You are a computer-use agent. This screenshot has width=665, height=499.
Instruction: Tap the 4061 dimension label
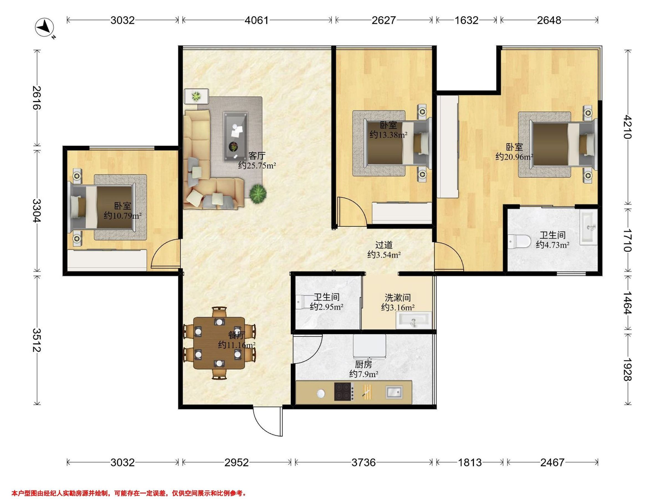(256, 20)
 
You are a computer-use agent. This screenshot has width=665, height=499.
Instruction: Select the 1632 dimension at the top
(466, 20)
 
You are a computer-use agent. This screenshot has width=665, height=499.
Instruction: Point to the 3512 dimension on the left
(37, 340)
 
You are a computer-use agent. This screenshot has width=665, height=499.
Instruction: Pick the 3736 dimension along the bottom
(364, 462)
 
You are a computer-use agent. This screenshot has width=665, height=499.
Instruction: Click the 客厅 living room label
(257, 156)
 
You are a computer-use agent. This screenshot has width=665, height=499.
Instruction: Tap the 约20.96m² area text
(514, 157)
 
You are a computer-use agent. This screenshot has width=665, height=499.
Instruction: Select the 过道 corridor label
(384, 245)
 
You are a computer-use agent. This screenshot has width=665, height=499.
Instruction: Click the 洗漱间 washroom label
(398, 298)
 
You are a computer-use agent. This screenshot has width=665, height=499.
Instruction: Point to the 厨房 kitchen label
(364, 365)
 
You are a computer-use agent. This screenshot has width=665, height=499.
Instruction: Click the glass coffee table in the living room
(236, 137)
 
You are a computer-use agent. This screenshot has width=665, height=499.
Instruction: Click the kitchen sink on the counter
(394, 392)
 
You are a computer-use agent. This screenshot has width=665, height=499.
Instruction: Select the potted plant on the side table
(196, 96)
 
